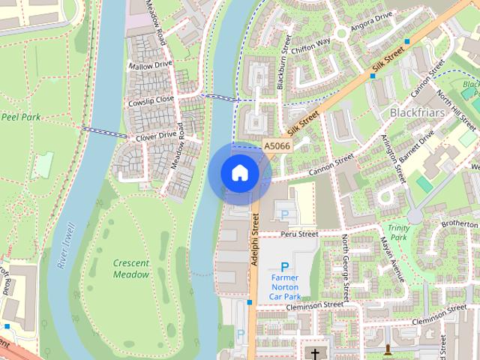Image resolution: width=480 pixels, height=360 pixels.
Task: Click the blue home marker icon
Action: pos(240,173)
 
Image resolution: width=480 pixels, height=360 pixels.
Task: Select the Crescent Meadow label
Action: pos(131,268)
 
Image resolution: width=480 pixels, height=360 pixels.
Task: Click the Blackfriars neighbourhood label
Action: pos(418,112)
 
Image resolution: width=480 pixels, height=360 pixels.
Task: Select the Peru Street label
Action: pos(299,234)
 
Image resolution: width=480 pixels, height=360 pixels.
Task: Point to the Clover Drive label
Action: pos(156,136)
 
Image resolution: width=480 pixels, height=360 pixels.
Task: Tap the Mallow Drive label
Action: pos(150,66)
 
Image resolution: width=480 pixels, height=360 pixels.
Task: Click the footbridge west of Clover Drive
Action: pos(103,133)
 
